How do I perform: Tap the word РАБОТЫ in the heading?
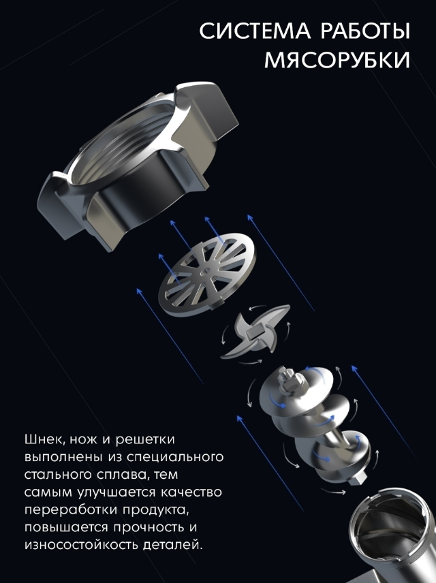pos(365,31)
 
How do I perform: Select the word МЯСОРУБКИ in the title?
pos(337,60)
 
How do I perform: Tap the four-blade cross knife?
pos(255,331)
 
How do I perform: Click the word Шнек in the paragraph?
pos(43,439)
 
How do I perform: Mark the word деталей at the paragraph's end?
pos(172,546)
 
